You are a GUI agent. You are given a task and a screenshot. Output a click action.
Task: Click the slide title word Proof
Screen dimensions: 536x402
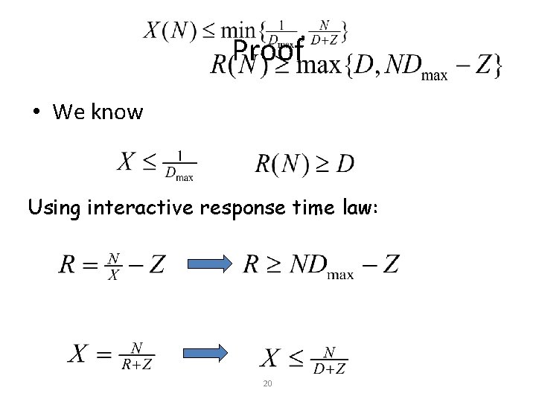click(268, 51)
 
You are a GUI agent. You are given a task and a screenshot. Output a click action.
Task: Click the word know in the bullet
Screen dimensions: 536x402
click(116, 112)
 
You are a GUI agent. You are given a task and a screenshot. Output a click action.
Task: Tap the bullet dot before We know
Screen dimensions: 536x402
click(35, 112)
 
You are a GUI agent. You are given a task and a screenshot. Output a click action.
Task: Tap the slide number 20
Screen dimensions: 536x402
click(267, 383)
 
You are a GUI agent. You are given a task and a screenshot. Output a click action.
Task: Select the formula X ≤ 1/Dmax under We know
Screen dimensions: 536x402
click(156, 165)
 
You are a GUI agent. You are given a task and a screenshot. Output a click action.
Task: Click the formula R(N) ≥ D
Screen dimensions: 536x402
click(304, 165)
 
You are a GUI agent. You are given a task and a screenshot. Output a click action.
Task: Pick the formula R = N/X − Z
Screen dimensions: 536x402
click(112, 265)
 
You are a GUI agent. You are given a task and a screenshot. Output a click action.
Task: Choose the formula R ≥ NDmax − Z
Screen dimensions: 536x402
click(321, 265)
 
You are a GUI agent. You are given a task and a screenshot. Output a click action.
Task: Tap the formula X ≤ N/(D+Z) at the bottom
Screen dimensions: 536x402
click(304, 359)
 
